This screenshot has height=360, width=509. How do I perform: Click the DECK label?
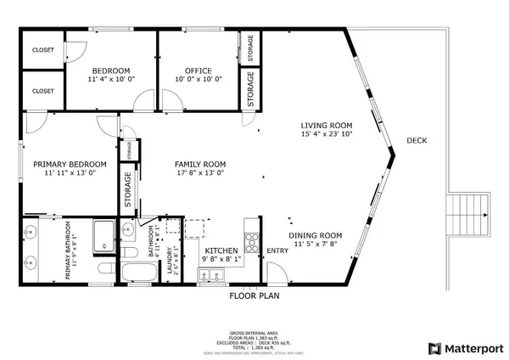coord(417,141)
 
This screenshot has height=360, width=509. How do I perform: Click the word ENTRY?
coord(277,251)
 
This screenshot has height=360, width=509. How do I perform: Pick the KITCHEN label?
coord(222,250)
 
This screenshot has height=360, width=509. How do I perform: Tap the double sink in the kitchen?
coord(204,274)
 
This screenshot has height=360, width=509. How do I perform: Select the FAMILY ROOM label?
coord(199,164)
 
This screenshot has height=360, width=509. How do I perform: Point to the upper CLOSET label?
coord(42,50)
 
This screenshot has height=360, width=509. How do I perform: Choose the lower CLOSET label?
coord(42,90)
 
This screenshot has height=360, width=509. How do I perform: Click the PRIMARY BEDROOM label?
coord(70,164)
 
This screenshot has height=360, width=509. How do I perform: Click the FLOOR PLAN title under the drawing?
coord(255,296)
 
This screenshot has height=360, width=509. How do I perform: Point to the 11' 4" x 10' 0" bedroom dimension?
coord(111,80)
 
